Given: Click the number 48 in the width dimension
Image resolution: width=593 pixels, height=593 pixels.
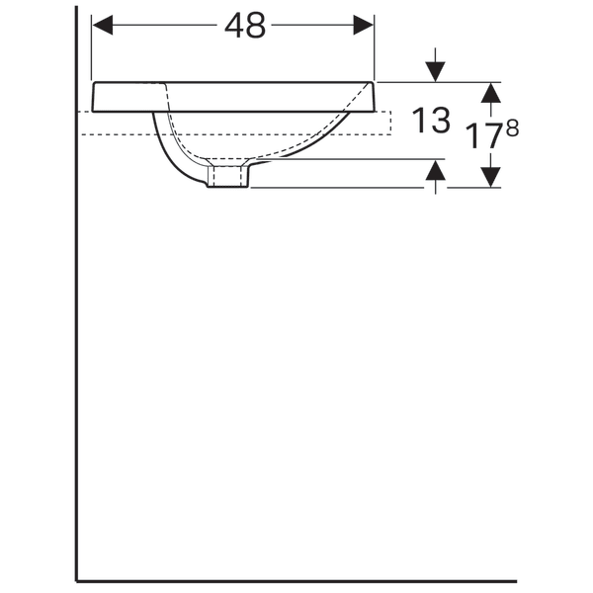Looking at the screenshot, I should (x=245, y=27).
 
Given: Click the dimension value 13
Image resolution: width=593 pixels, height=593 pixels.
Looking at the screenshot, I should (x=430, y=121).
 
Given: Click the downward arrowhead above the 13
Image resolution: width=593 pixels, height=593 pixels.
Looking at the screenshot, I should (x=433, y=72).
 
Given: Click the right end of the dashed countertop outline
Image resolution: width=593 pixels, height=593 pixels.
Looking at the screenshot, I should (x=391, y=123).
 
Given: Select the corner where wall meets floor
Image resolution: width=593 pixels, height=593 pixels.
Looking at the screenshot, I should (x=77, y=580).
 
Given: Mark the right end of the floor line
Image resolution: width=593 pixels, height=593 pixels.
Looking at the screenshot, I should (x=515, y=580).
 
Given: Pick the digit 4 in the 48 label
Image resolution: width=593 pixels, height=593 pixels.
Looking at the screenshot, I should (x=234, y=27).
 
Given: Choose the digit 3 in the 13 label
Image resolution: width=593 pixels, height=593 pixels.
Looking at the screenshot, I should (x=441, y=121).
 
